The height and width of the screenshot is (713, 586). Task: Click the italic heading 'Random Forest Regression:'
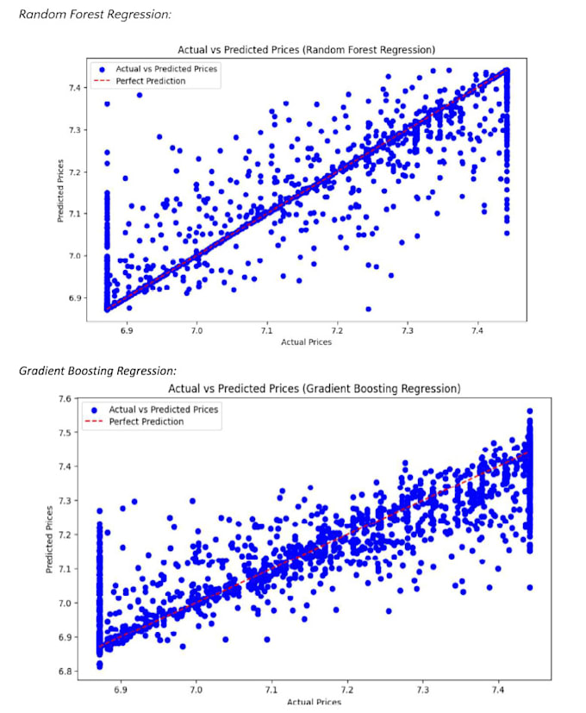pos(95,15)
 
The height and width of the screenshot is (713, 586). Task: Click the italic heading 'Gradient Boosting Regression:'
pos(97,371)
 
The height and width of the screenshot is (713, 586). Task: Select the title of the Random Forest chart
pos(306,49)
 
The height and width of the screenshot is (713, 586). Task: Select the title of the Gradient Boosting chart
pos(315,389)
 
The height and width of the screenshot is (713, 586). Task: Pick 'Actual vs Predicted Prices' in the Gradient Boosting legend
pos(164,410)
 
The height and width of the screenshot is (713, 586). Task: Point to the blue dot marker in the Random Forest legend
pos(103,69)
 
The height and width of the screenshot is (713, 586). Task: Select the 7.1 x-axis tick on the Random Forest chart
pos(267,330)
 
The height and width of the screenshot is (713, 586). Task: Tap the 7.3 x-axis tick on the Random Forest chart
pos(408,330)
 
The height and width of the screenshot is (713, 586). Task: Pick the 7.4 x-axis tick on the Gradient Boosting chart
pos(497,691)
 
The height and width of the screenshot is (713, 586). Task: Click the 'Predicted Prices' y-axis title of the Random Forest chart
pos(62,192)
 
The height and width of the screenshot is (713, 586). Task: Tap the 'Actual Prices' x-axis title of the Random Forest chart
pos(306,342)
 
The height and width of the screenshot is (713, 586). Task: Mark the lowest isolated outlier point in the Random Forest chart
pos(368,309)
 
